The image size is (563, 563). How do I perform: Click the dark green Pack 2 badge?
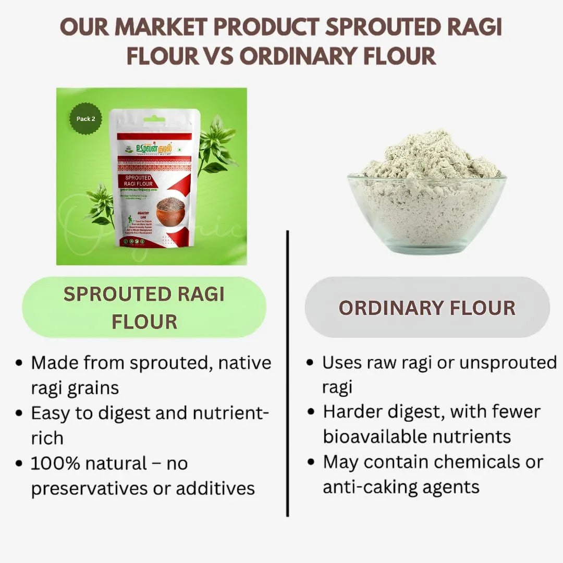(86, 119)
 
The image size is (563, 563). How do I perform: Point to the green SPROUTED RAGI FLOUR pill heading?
(144, 308)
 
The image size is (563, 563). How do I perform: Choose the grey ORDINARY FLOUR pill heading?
(427, 308)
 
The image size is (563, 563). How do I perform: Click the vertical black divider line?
(287, 373)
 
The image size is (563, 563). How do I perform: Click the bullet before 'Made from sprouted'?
(19, 363)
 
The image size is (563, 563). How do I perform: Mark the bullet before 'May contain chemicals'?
(311, 462)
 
